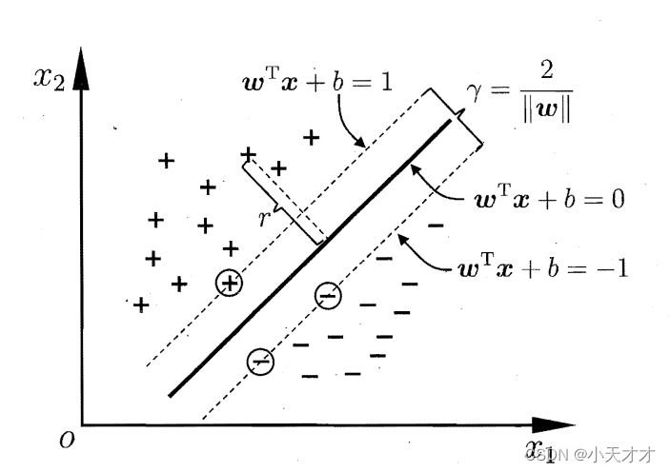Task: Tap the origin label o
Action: coord(65,440)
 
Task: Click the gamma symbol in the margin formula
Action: coord(476,92)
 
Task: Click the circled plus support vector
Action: coord(229,283)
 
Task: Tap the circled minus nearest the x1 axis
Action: coord(259,361)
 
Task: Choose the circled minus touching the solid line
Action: coord(327,296)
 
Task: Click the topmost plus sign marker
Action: coord(310,137)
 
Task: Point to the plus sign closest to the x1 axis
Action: coord(141,305)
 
